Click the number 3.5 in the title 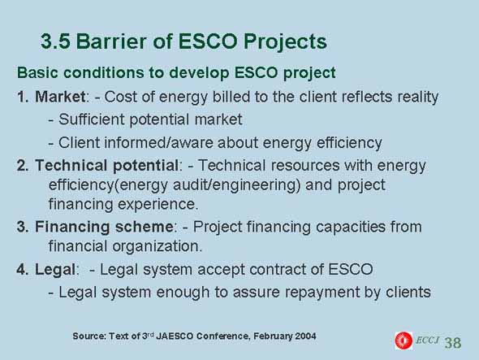(x=55, y=41)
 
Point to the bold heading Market (x=60, y=97)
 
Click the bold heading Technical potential (x=106, y=166)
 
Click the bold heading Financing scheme (x=104, y=228)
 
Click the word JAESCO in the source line (x=175, y=336)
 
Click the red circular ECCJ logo (x=403, y=340)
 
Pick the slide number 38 (x=453, y=343)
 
